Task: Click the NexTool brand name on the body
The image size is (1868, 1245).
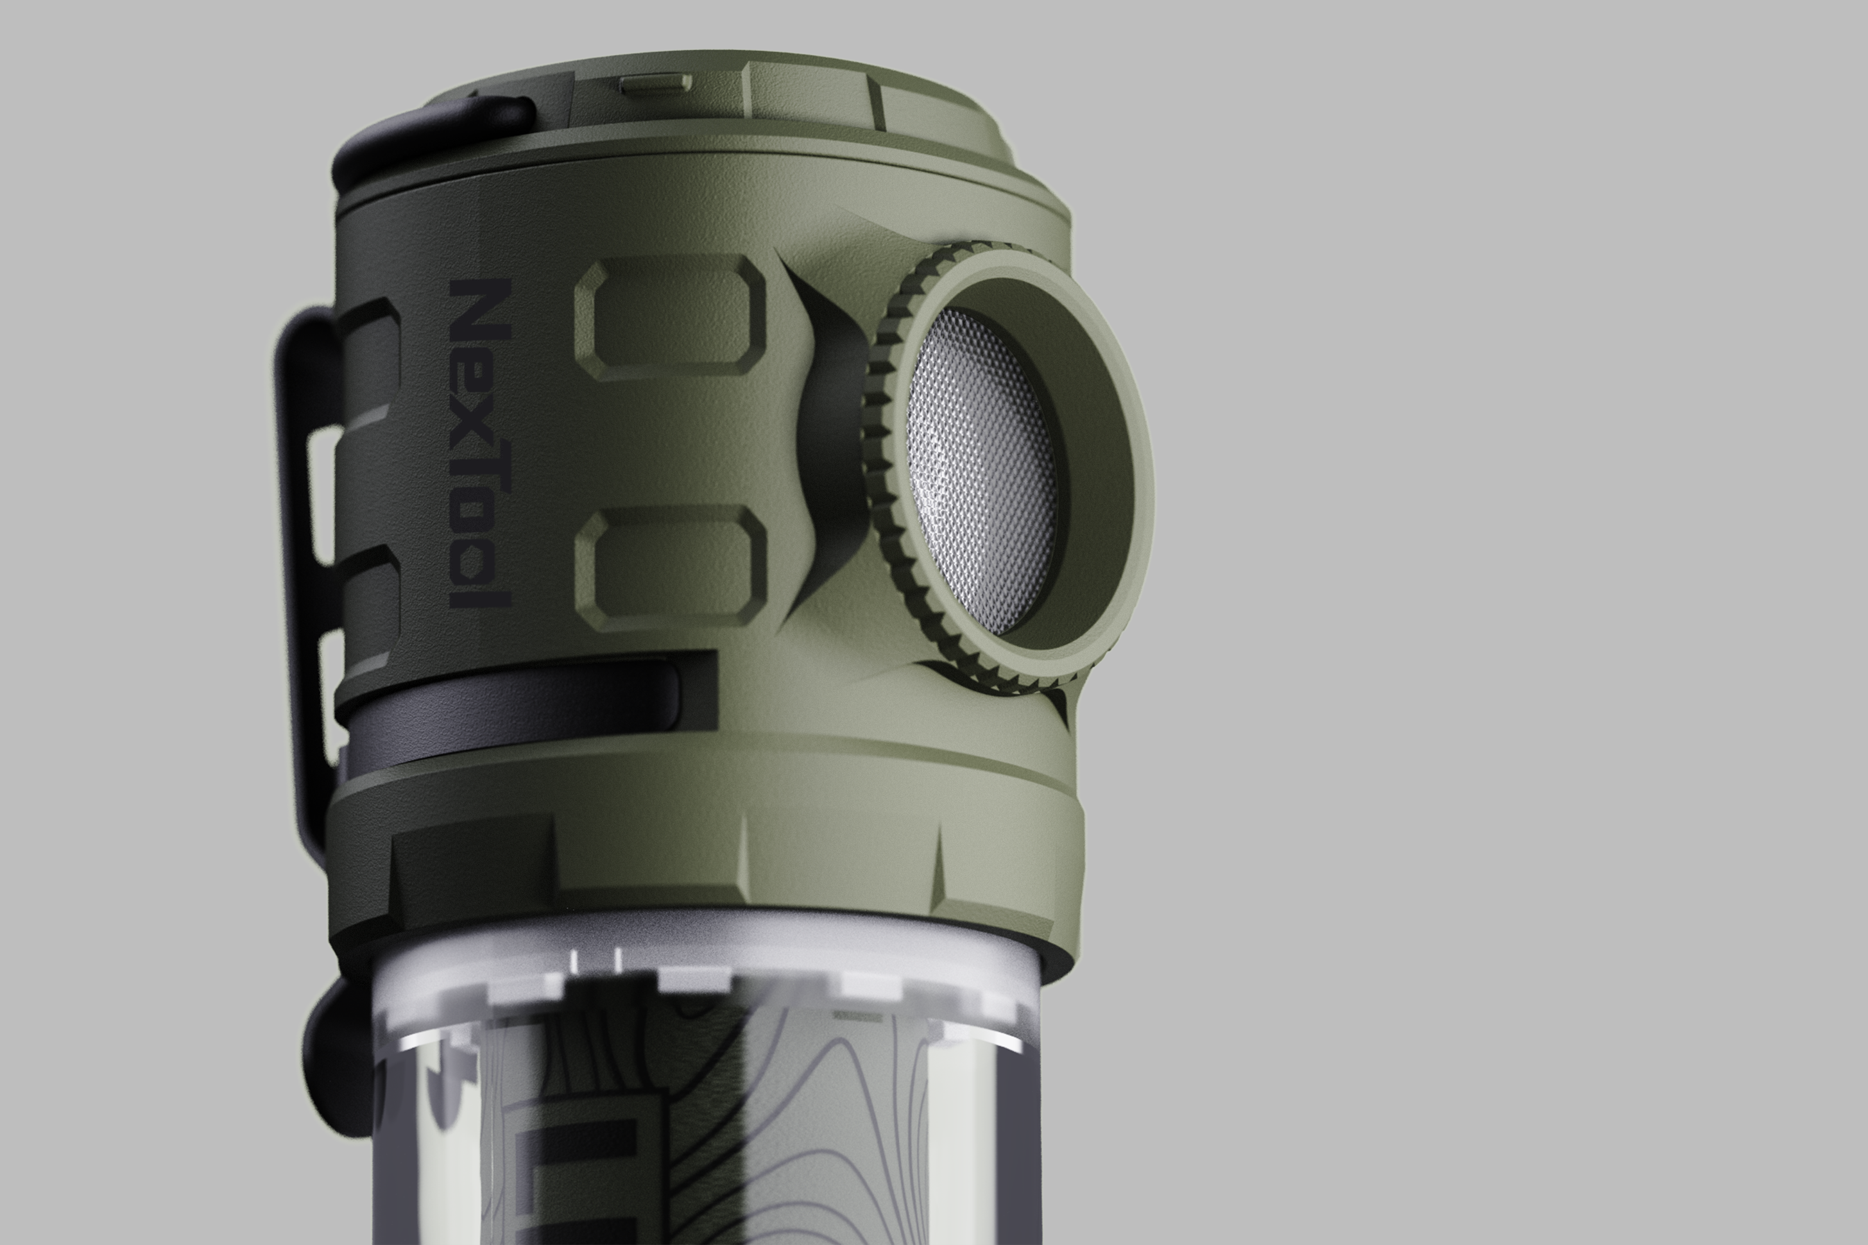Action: pos(480,445)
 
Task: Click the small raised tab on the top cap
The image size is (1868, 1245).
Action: pos(655,83)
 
